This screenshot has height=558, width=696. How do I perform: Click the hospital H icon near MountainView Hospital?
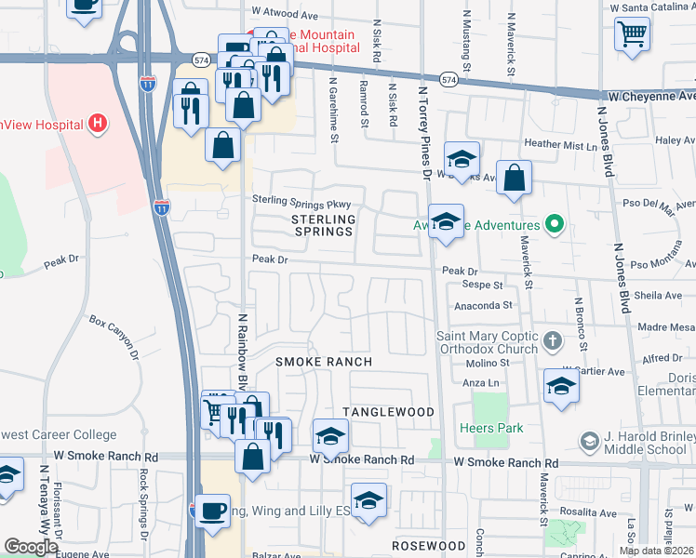96,124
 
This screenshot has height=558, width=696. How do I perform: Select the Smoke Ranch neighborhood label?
324,362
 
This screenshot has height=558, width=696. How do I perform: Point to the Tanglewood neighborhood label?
388,412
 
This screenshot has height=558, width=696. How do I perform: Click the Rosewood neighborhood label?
428,546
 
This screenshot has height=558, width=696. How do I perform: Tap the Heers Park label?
491,429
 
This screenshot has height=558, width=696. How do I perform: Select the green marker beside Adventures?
555,224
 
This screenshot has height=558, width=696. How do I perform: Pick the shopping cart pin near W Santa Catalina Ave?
632,33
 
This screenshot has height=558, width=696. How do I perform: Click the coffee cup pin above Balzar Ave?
213,512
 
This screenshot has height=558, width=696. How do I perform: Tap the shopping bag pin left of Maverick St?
514,177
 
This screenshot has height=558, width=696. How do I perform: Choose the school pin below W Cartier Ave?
561,386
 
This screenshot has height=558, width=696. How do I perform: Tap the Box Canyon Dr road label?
114,336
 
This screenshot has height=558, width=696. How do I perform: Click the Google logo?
31,548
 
